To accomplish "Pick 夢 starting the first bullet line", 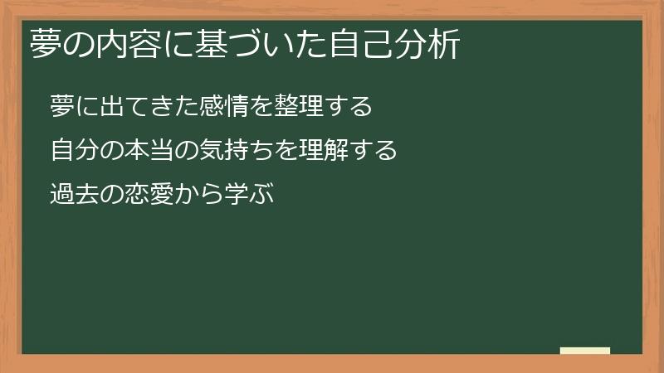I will (x=60, y=107).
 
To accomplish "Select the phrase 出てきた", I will (x=140, y=107).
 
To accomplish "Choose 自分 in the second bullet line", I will (x=71, y=151).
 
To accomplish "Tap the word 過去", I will (x=71, y=195).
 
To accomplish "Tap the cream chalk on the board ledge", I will (x=585, y=351).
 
